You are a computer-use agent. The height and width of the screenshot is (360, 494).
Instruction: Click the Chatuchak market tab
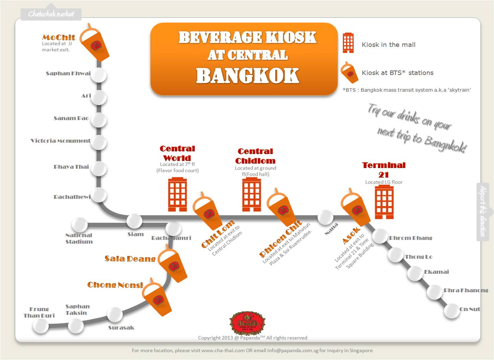51,14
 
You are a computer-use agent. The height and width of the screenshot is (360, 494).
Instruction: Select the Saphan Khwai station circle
99,75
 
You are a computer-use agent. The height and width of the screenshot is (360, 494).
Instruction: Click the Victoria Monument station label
61,141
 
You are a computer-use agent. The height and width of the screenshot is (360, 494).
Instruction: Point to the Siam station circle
134,221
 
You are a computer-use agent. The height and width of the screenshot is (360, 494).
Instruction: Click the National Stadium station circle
80,225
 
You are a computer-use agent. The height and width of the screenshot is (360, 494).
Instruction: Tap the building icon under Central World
177,194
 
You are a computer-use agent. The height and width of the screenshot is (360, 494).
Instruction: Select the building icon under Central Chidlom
251,194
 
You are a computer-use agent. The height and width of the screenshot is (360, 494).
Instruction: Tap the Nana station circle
325,217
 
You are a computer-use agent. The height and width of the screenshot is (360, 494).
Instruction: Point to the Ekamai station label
436,272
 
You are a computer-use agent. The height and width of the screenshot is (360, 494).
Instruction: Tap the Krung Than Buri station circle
40,326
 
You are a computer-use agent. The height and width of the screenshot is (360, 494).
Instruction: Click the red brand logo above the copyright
247,323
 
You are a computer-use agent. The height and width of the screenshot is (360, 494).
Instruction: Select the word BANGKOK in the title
247,76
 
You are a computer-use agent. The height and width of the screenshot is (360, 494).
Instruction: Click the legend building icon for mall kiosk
348,43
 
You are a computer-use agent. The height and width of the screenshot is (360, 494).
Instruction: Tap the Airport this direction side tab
483,211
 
